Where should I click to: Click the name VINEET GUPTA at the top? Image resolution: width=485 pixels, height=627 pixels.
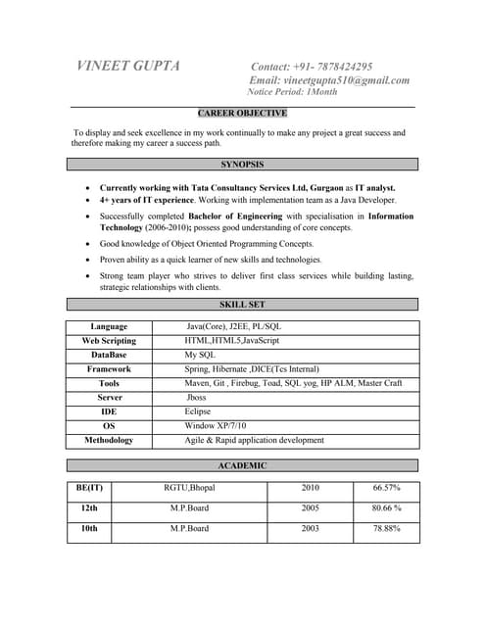[x=128, y=66]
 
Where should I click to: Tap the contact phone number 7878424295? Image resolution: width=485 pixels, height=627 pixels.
[x=336, y=66]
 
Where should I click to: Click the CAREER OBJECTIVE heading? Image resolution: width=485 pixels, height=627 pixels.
[x=243, y=114]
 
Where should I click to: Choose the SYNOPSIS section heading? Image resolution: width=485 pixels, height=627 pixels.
[x=243, y=165]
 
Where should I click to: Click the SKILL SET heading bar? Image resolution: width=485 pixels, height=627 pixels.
[x=243, y=305]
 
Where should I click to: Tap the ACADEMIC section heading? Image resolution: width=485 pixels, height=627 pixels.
[x=243, y=465]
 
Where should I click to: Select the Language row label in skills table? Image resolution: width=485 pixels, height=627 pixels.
[x=109, y=326]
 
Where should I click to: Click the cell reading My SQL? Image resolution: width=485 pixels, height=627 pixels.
[x=200, y=355]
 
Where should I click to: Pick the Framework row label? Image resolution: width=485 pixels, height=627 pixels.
[x=109, y=369]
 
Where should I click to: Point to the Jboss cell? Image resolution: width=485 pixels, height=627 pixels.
[x=197, y=398]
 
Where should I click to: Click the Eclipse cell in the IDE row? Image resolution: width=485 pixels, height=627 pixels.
[x=198, y=412]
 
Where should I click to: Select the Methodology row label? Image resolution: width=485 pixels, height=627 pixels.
[x=109, y=441]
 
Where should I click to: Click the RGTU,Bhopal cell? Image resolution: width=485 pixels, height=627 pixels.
[x=189, y=488]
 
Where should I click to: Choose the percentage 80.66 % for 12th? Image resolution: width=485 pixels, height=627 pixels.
[x=386, y=508]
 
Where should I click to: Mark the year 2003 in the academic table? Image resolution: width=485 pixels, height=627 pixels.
[x=310, y=529]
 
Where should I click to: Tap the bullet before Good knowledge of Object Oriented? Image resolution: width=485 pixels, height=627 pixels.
[x=90, y=244]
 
